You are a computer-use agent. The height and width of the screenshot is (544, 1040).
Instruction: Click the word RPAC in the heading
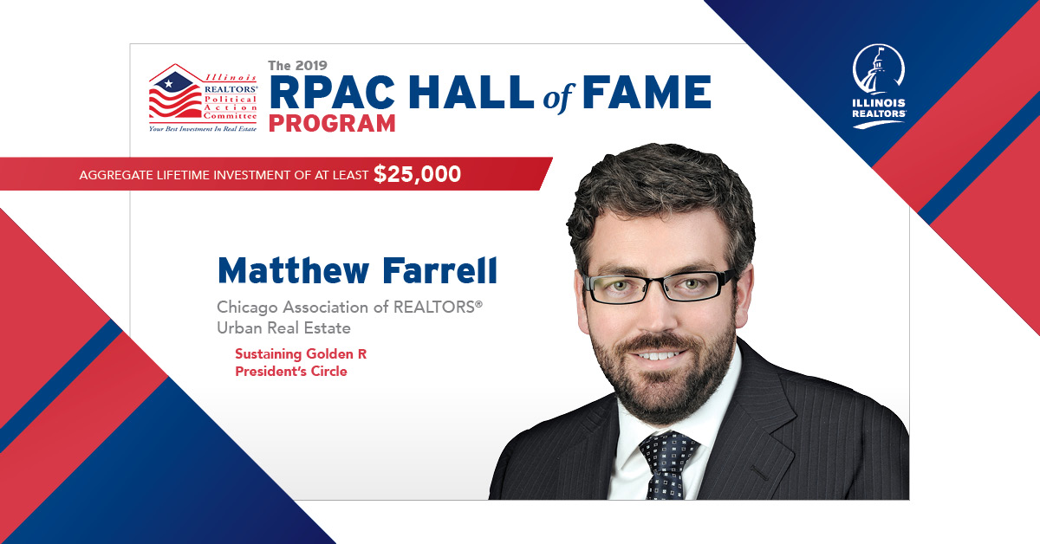pos(332,92)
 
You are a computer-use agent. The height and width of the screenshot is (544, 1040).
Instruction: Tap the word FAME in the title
pos(647,92)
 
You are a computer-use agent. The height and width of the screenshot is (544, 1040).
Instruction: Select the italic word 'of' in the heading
pos(558,96)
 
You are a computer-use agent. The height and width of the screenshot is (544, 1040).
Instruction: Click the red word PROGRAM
pos(332,124)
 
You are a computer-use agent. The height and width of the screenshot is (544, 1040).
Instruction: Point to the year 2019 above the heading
pos(310,66)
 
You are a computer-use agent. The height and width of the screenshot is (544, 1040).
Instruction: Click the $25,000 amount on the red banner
pos(417,174)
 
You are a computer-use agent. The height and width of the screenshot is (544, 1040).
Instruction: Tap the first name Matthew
pos(294,270)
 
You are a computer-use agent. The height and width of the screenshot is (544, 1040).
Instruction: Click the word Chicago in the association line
pos(247,308)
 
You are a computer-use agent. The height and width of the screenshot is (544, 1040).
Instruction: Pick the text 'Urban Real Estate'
pos(283,328)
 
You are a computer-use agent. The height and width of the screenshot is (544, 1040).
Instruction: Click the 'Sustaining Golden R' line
pos(301,354)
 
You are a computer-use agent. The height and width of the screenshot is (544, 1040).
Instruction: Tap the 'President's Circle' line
pos(291,372)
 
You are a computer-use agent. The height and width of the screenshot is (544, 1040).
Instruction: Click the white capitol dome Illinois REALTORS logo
pos(879,86)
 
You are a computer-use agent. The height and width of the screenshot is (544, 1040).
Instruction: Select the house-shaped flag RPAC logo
pos(203,98)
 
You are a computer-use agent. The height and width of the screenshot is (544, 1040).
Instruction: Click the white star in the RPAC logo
pos(168,84)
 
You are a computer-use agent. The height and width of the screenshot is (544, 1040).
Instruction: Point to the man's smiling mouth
pos(659,355)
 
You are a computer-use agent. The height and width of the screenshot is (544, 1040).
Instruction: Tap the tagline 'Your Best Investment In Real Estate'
pos(203,129)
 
